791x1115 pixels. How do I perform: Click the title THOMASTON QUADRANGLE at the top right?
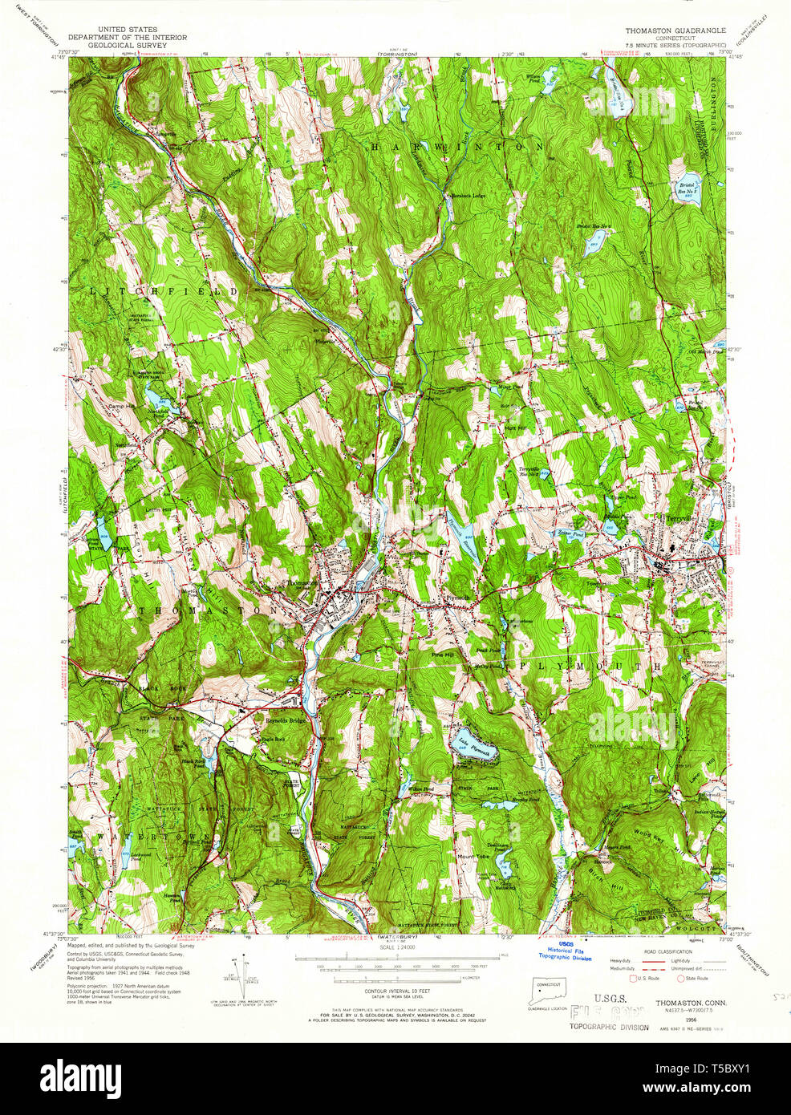675,30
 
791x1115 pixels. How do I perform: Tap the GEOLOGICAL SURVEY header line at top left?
128,46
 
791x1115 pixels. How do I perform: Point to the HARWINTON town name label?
458,148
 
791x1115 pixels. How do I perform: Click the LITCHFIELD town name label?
164,291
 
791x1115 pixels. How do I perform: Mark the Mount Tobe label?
473,857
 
